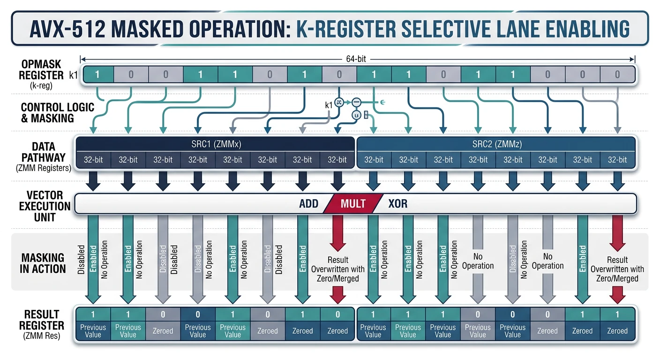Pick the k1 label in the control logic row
tap(329, 105)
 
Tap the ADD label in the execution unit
tap(309, 204)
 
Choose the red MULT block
tap(353, 204)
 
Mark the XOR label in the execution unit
tap(398, 204)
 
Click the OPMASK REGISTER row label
tap(42, 70)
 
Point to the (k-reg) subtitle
tap(42, 86)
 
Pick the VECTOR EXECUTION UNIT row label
tap(45, 206)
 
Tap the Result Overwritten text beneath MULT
tap(337, 269)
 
